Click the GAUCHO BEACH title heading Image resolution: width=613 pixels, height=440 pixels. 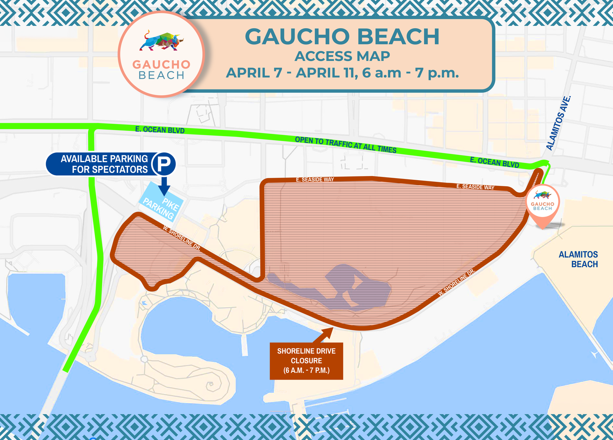click(x=342, y=37)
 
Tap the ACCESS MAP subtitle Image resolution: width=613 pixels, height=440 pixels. click(x=342, y=56)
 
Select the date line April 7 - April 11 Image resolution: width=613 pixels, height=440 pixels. click(x=342, y=73)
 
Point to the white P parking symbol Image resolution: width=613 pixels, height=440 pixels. click(x=163, y=164)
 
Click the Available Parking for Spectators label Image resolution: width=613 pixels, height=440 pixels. click(x=104, y=164)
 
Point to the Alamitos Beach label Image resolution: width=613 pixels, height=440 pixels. click(x=578, y=259)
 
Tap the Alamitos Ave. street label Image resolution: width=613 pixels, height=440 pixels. click(x=558, y=123)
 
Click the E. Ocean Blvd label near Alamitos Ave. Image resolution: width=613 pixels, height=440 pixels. click(x=494, y=162)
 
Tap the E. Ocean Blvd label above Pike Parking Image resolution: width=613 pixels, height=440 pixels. click(x=160, y=130)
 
